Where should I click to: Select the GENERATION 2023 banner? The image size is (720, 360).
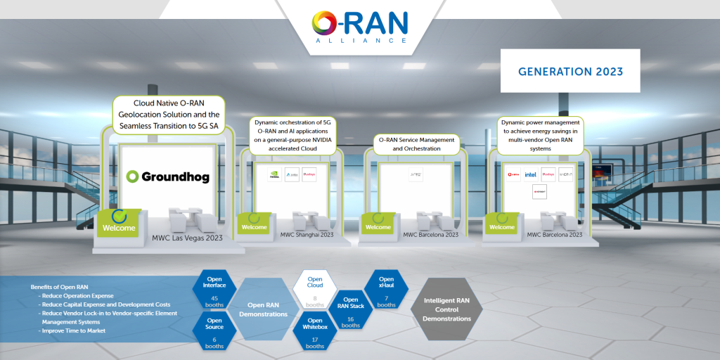(x=570, y=72)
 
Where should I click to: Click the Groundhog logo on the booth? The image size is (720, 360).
(x=167, y=176)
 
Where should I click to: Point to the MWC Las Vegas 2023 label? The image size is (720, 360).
(x=187, y=238)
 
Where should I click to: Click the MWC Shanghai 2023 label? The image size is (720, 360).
(x=307, y=234)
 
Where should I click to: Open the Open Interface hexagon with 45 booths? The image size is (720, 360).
(x=215, y=290)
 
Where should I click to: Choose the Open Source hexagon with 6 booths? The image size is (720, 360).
(x=214, y=332)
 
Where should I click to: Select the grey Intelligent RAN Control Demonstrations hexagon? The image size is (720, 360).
(x=446, y=309)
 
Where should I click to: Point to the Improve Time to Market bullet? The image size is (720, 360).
(x=74, y=330)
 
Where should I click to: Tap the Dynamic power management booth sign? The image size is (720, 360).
(x=540, y=134)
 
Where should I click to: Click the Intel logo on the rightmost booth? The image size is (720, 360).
(x=530, y=174)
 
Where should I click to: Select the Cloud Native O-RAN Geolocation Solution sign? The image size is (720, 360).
(x=168, y=114)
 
